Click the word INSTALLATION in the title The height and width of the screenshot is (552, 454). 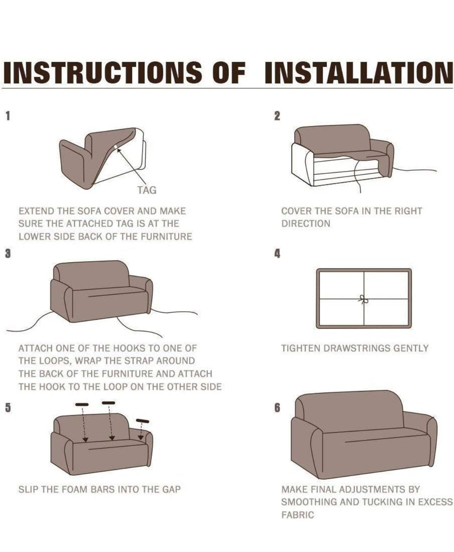359,72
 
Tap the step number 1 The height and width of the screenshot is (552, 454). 8,116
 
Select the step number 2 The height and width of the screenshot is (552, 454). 277,116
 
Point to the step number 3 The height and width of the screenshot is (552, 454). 8,253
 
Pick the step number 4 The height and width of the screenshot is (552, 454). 277,253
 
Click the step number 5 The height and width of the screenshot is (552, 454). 8,408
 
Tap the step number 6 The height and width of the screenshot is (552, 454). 277,408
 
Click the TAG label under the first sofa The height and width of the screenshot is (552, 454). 147,190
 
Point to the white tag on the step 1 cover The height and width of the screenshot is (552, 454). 116,147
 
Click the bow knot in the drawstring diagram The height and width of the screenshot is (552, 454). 364,299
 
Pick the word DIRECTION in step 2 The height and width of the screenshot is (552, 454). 306,224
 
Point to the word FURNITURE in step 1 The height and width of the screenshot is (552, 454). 166,237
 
